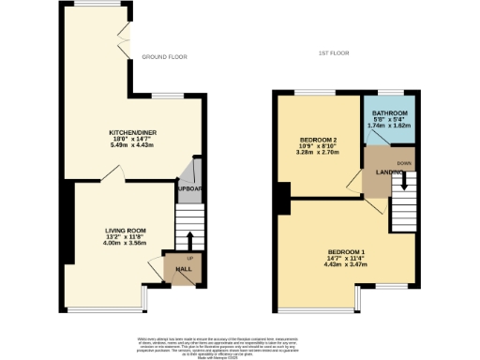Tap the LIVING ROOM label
click(x=125, y=230)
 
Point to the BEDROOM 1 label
click(x=346, y=252)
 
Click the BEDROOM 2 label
click(x=318, y=140)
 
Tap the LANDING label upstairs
click(x=378, y=171)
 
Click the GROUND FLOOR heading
click(x=164, y=57)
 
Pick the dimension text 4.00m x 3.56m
click(x=125, y=244)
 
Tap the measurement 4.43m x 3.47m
click(x=346, y=266)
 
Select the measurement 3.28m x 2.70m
click(x=318, y=154)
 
